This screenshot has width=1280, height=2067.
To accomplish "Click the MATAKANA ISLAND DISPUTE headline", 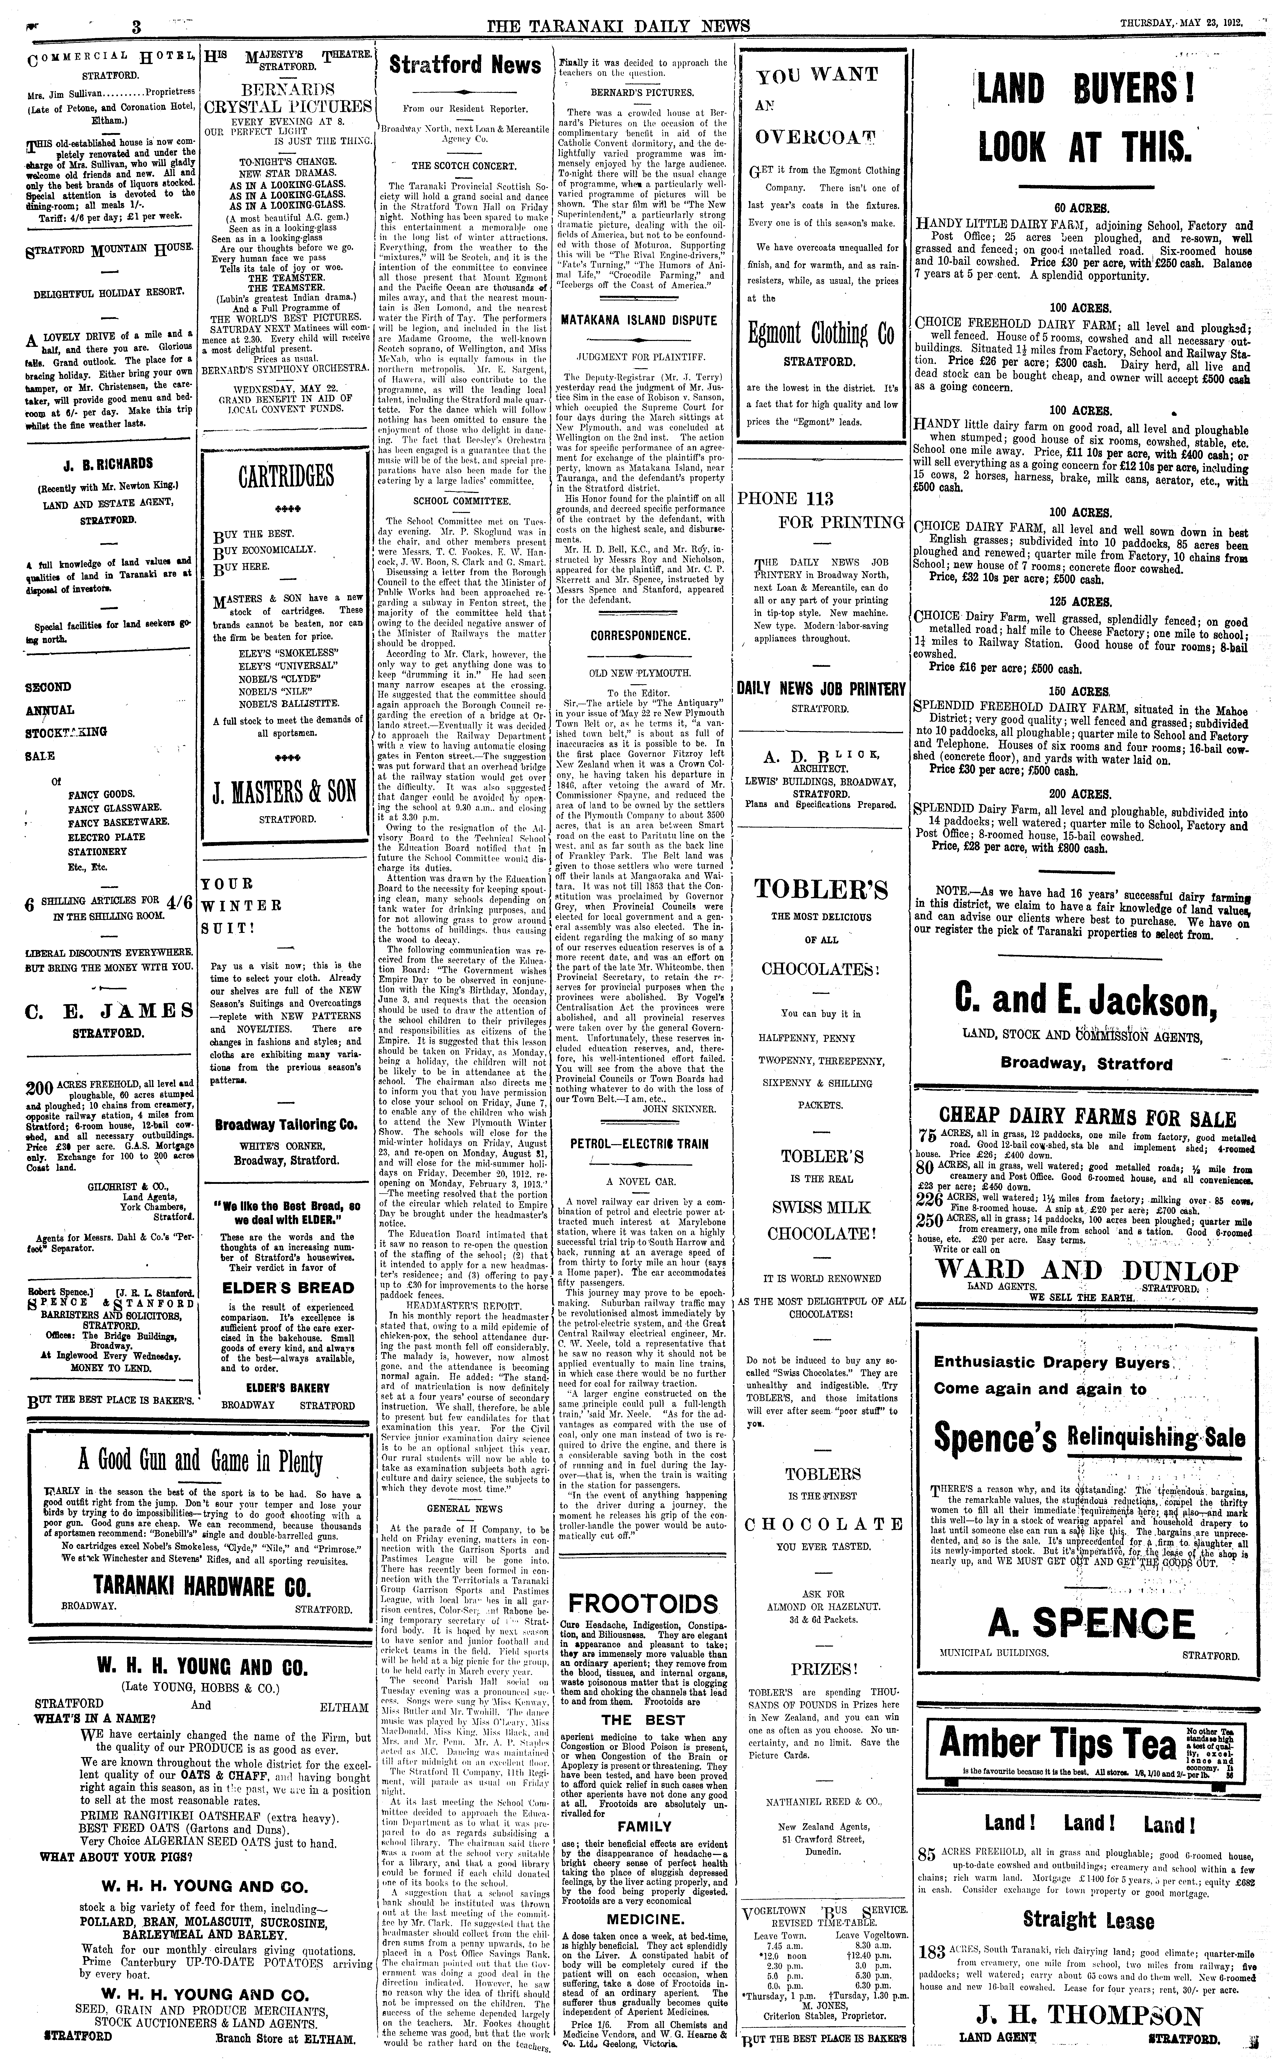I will point(639,321).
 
